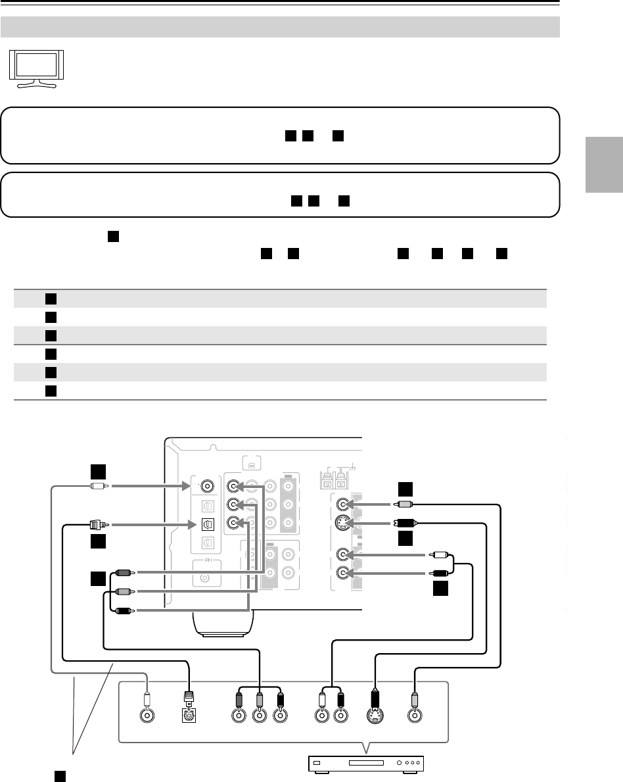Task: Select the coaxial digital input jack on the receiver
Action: [x=208, y=487]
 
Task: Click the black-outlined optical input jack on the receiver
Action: [x=208, y=525]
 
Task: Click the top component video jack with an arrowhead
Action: [x=234, y=487]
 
